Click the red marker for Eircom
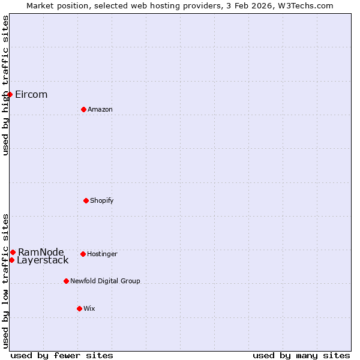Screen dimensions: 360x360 (x=10, y=94)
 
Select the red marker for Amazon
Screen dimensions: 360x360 (x=83, y=109)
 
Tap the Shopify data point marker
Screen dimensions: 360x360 (x=86, y=200)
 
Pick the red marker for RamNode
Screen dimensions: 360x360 (x=13, y=252)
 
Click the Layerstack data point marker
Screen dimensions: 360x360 (x=11, y=260)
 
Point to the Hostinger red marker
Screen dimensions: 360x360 (x=83, y=254)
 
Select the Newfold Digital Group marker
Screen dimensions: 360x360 (x=66, y=281)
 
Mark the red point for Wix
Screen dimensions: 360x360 (x=79, y=308)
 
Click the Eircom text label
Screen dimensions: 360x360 (x=31, y=95)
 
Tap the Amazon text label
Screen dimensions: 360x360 (x=100, y=109)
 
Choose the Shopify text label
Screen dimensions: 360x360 (x=102, y=200)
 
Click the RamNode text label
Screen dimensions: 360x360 (x=41, y=252)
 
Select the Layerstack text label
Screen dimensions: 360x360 (x=43, y=260)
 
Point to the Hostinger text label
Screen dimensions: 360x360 (x=102, y=254)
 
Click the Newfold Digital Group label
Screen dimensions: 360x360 (x=105, y=281)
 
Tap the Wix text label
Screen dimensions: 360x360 (x=89, y=308)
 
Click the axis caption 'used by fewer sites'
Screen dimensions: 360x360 (x=62, y=355)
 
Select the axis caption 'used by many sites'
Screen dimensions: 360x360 (x=301, y=355)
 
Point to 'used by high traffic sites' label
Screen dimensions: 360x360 (x=5, y=86)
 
